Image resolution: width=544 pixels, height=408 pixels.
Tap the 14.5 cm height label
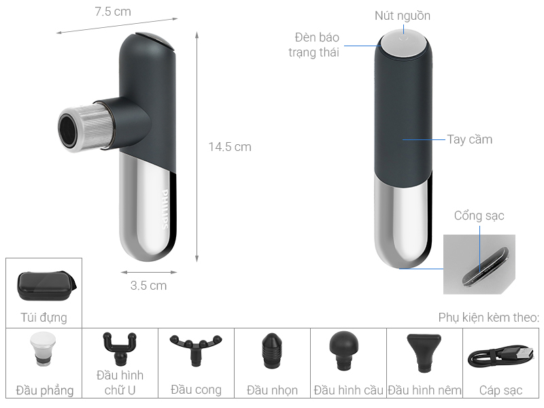click(x=230, y=147)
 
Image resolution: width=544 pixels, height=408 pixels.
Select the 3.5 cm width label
click(x=148, y=286)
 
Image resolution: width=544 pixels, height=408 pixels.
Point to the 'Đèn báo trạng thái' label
click(x=316, y=44)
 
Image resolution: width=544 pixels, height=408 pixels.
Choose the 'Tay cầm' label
click(x=469, y=139)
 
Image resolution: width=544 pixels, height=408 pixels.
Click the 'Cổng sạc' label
click(x=479, y=216)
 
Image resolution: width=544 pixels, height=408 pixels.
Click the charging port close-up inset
click(x=479, y=265)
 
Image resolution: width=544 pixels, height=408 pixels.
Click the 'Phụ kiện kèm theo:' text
click(x=488, y=317)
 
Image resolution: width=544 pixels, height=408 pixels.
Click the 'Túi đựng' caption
click(x=44, y=317)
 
